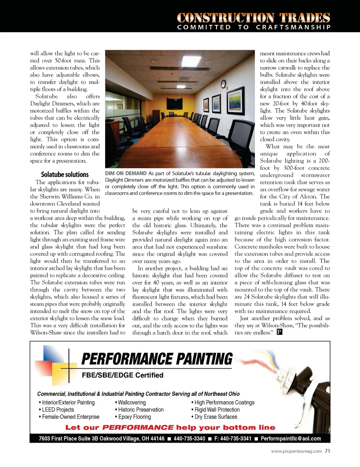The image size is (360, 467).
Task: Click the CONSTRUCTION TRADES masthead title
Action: click(253, 18)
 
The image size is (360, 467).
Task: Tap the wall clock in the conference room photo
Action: click(223, 84)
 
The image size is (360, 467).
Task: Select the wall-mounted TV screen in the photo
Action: click(175, 104)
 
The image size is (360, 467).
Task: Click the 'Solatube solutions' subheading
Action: click(65, 175)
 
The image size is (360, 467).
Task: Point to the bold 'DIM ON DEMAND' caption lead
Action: click(126, 174)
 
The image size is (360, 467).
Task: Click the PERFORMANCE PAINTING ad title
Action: click(157, 359)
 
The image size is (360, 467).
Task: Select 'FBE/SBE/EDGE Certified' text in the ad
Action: click(123, 375)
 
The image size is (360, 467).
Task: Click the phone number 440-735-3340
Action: click(189, 439)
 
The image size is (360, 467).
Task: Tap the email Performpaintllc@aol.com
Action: click(291, 439)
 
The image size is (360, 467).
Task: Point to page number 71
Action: click(327, 451)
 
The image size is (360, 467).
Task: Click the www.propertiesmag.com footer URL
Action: click(296, 451)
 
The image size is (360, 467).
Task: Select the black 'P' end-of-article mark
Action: click(279, 332)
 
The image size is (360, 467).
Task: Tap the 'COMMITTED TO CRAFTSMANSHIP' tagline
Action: click(254, 27)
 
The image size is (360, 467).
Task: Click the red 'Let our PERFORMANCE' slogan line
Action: click(171, 428)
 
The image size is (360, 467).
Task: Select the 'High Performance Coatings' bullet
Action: click(224, 403)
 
